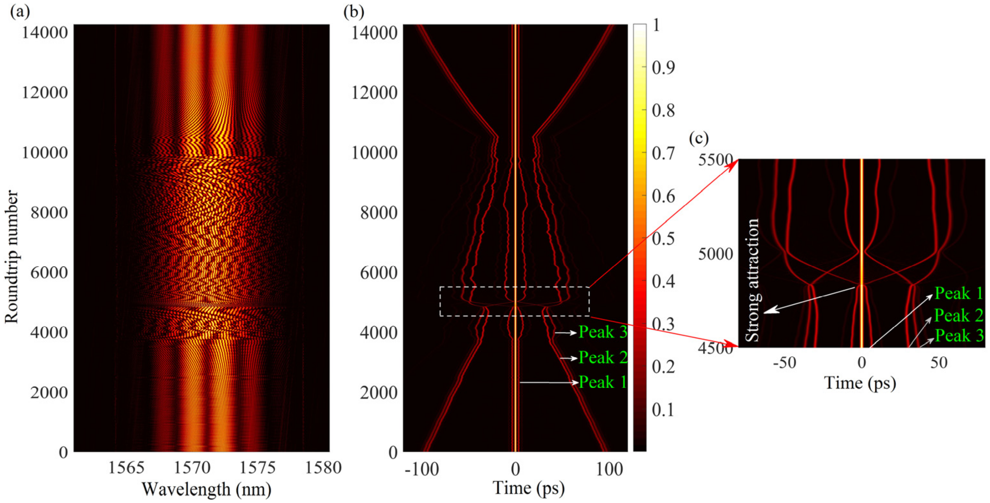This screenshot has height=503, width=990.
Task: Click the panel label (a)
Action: pos(20,12)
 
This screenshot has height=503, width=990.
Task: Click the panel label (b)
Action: pos(353,12)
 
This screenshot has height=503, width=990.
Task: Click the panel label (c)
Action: pos(698,138)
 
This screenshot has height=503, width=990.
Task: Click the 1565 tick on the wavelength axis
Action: pos(126,468)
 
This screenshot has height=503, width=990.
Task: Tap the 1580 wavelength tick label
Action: pos(323,468)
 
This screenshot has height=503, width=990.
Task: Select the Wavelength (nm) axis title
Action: pos(206,489)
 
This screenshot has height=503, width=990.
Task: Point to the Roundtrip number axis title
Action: pos(12,257)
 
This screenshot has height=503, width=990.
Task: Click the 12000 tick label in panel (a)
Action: pos(45,93)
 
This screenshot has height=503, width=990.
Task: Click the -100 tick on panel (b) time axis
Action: pos(421,469)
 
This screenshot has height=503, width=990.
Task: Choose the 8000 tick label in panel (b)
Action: pos(378,213)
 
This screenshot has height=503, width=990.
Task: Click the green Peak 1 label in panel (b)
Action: pos(602,382)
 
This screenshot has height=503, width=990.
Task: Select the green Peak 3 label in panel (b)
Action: pos(602,332)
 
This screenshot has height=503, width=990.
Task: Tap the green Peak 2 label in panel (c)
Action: pos(958,316)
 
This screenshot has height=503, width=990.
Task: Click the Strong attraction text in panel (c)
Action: pos(752,280)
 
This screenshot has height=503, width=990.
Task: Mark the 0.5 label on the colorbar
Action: pos(663,239)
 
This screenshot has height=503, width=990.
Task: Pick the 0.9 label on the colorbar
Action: pos(663,68)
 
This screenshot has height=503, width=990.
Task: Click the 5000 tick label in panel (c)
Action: pos(715,254)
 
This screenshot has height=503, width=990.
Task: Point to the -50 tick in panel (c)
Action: pos(784,362)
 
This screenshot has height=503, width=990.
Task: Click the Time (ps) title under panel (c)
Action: pos(860,383)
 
